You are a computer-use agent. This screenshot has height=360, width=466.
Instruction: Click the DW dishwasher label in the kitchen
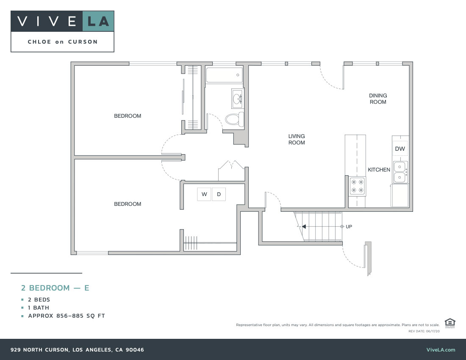(x=400, y=149)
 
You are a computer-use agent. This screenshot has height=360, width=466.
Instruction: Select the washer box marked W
(x=204, y=194)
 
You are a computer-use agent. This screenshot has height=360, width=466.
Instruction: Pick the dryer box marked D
(x=219, y=194)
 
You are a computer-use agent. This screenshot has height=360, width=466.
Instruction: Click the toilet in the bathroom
(x=234, y=119)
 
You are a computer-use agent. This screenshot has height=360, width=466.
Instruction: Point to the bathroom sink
(x=237, y=99)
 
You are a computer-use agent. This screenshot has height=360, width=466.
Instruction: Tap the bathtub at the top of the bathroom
(x=224, y=75)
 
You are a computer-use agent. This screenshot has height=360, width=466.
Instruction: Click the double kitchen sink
(x=400, y=172)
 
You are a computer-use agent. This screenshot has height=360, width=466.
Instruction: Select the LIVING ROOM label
(x=297, y=139)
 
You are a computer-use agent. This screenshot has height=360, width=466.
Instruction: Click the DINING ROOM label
(x=378, y=99)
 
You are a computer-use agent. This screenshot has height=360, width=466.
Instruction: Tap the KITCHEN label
(x=379, y=170)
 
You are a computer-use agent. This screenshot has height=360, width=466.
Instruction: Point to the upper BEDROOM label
(x=128, y=116)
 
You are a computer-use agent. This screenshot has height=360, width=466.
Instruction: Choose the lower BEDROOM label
(x=128, y=204)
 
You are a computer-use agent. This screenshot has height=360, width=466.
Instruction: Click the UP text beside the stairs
(x=349, y=227)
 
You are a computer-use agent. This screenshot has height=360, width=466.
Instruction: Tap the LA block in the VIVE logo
(x=98, y=21)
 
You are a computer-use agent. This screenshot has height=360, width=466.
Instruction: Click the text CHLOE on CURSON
(x=62, y=42)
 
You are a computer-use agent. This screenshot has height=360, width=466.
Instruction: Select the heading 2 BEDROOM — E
(x=55, y=288)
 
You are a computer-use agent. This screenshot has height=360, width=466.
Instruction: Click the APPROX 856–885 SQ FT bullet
(x=67, y=316)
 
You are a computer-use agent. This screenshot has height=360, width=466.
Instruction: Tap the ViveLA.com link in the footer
(x=441, y=350)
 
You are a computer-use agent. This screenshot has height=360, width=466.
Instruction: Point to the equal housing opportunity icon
(x=450, y=323)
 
